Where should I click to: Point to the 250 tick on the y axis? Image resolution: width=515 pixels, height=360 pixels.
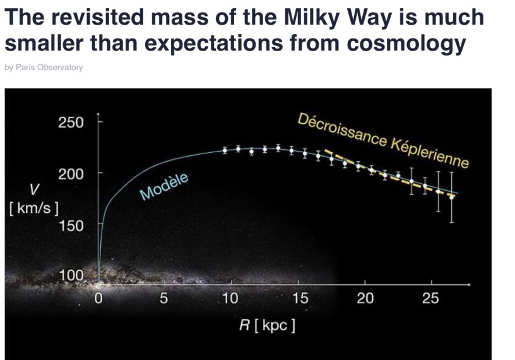point(71,122)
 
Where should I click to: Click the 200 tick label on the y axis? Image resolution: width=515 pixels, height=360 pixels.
point(71,173)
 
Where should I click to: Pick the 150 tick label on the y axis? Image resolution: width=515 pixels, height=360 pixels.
point(71,225)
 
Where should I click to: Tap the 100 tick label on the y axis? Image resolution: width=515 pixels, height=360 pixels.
point(71,275)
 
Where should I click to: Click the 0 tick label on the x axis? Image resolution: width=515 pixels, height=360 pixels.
point(98,298)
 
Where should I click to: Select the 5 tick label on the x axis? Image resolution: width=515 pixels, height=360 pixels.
point(163,298)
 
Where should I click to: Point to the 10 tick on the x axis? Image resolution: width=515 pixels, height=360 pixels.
point(230,298)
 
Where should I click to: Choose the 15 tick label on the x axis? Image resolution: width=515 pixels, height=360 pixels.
point(300,298)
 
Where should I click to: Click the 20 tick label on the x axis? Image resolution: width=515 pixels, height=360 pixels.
point(365,298)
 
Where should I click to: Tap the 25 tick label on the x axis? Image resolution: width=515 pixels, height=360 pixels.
point(430,298)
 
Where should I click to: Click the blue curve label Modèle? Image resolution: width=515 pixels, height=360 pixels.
point(164,186)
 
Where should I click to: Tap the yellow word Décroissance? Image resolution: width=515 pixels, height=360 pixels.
point(341,129)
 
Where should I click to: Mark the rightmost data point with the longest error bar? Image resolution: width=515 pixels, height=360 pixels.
point(451,196)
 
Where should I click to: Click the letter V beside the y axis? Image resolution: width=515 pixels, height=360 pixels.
point(34,189)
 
